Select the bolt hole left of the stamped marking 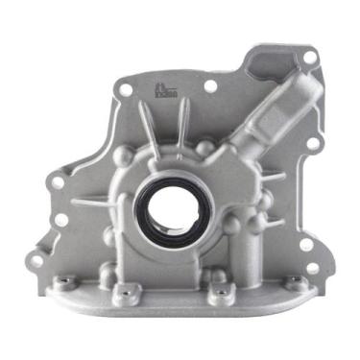tap(126, 87)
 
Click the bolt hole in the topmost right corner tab tap(309, 57)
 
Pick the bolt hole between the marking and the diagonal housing tap(210, 86)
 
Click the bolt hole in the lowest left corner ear tap(37, 260)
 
